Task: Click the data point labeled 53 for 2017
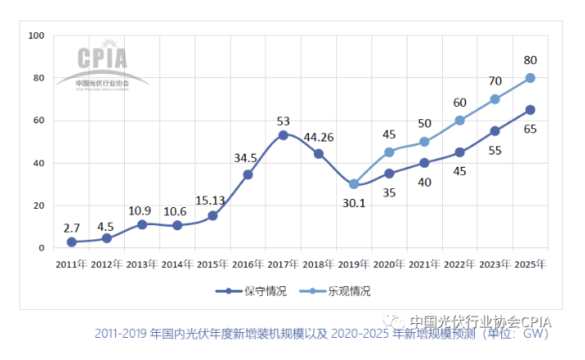coord(283,135)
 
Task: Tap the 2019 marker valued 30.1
coord(353,184)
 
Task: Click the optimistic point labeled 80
coord(531,78)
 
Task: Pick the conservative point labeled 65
coord(531,109)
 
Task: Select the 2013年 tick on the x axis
coord(142,264)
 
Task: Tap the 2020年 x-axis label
coord(389,264)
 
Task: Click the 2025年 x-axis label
coord(531,264)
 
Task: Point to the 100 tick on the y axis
coord(36,35)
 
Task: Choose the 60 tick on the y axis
coord(39,121)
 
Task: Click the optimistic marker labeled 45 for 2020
coord(389,152)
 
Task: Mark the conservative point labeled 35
coord(389,173)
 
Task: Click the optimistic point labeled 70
coord(495,99)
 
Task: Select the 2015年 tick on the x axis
coord(213,264)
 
